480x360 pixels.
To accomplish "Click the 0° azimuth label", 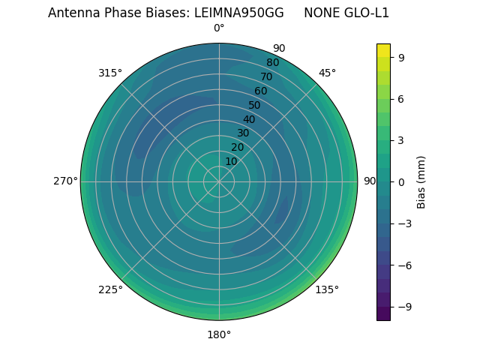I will tap(219, 28).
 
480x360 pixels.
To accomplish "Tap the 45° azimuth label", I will tap(327, 73).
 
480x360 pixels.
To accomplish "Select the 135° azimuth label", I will tap(327, 289).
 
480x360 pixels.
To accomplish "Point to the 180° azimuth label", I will tap(219, 334).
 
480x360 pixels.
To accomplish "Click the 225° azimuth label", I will tap(110, 289).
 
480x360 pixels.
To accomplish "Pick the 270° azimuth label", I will tap(65, 181).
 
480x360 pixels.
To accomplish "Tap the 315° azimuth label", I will tap(110, 73).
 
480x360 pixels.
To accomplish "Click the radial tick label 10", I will tap(231, 161).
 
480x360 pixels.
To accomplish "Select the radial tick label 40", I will tap(249, 119).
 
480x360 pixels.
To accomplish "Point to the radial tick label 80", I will tap(272, 63).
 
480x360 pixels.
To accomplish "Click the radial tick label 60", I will tap(260, 91).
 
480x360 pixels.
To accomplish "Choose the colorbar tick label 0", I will tap(402, 181).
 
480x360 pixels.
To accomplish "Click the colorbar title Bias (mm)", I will tap(421, 181).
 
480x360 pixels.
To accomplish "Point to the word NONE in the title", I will tap(321, 13).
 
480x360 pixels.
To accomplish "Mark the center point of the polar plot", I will tap(219, 181).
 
